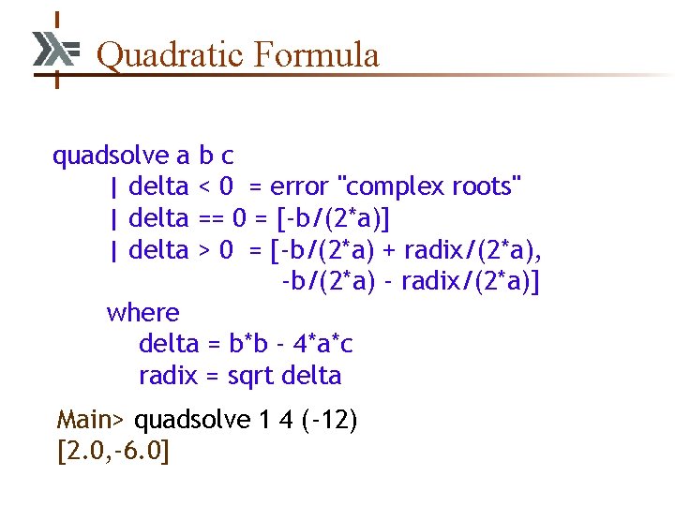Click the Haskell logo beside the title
coord(55,50)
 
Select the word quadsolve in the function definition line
coord(109,155)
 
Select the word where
coord(142,312)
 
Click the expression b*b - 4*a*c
coord(291,344)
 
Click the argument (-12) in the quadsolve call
coord(329,419)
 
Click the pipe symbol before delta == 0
coord(113,218)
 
